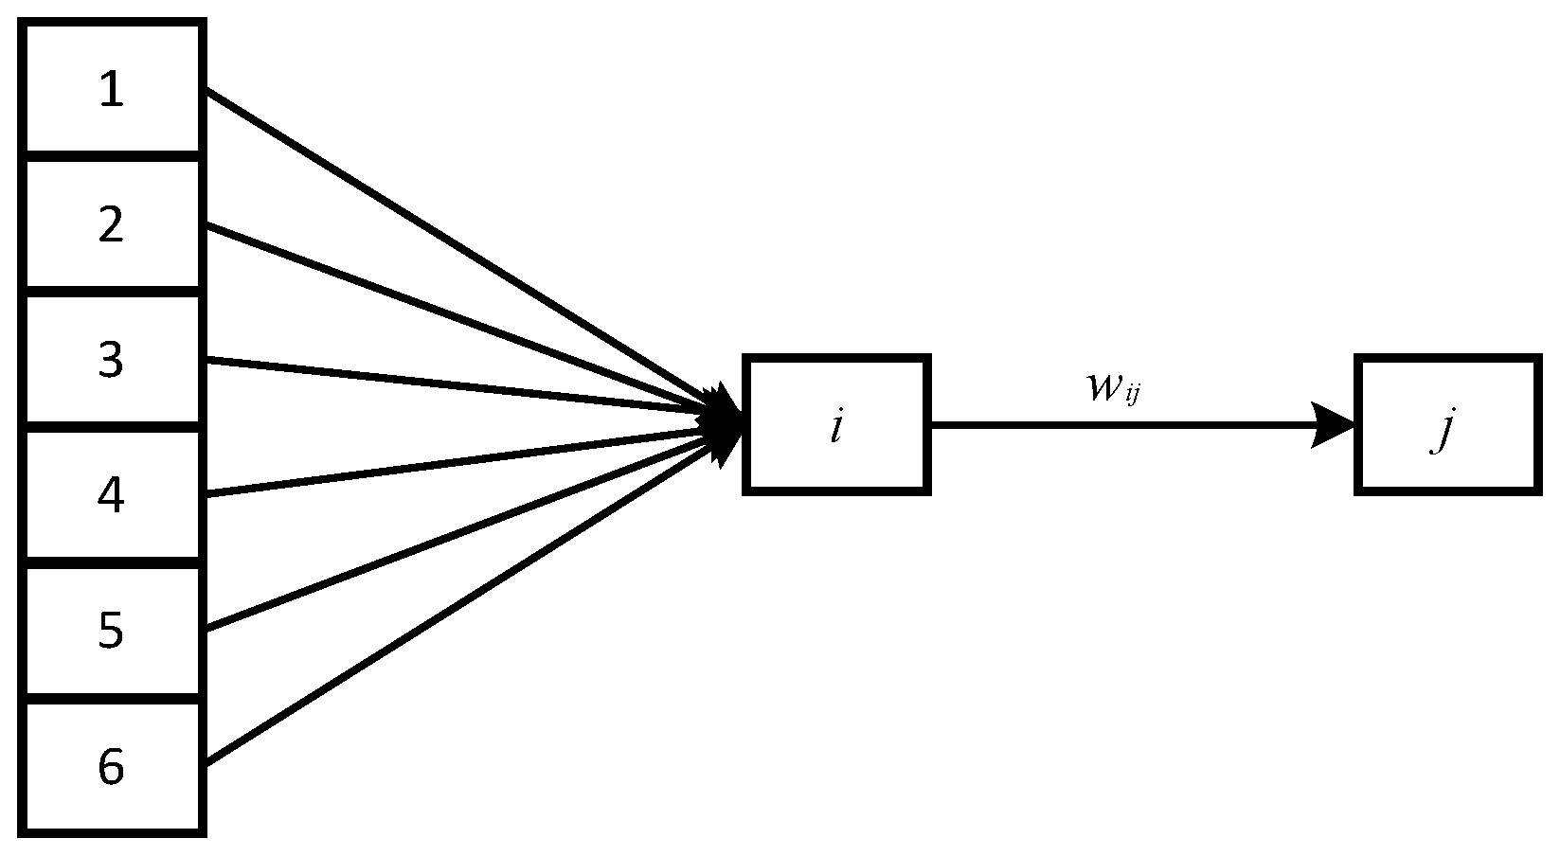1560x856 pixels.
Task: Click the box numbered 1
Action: click(x=112, y=89)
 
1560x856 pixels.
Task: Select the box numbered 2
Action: click(x=112, y=224)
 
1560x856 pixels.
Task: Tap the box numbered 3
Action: click(x=112, y=360)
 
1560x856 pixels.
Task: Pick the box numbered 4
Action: click(x=112, y=495)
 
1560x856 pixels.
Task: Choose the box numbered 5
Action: click(x=112, y=631)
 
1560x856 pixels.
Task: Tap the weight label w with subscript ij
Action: click(x=1113, y=387)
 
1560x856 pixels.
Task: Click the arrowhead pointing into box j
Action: click(x=1336, y=424)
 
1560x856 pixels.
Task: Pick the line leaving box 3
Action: click(x=455, y=384)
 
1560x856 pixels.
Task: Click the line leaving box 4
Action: click(x=455, y=461)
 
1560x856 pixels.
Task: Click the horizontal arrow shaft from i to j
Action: click(x=1118, y=425)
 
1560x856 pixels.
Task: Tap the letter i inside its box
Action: click(x=836, y=428)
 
